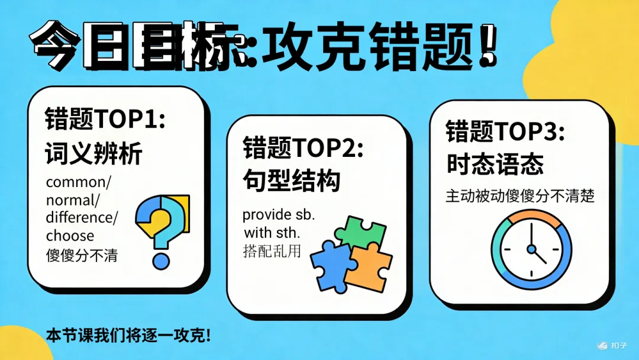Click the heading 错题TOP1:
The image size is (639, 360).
104,120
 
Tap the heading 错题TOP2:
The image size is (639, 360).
302,149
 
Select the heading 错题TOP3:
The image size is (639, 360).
505,131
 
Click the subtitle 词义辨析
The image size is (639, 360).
93,155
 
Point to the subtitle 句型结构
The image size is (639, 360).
291,181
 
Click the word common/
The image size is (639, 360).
74,182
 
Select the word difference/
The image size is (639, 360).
82,217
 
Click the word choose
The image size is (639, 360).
70,236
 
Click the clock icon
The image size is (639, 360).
531,247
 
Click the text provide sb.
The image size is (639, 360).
278,214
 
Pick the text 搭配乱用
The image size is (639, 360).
272,250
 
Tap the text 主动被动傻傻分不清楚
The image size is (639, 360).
519,195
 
